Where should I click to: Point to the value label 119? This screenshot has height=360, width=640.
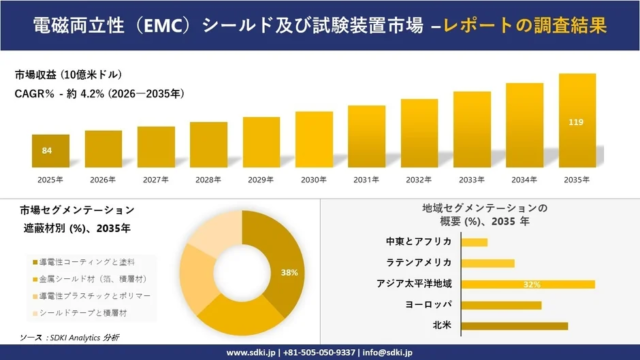point(577,123)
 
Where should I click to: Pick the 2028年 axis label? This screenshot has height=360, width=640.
point(209,180)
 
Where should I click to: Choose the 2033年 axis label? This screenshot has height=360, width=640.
point(472,180)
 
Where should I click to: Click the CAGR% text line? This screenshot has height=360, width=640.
point(98,95)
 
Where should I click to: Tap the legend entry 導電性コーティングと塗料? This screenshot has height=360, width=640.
point(90,260)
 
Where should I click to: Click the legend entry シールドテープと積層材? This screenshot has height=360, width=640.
point(87,314)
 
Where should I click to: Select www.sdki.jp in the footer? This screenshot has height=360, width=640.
point(250,352)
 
